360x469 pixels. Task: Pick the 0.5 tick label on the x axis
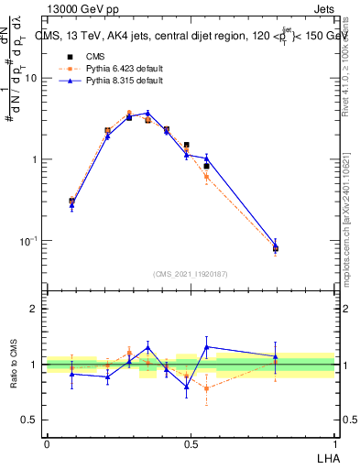[x=191, y=443]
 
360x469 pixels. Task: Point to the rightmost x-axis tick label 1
[x=334, y=443]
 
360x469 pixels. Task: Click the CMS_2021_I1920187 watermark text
[x=191, y=274]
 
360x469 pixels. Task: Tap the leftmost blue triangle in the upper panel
[x=72, y=206]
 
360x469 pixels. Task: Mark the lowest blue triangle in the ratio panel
[x=187, y=387]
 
